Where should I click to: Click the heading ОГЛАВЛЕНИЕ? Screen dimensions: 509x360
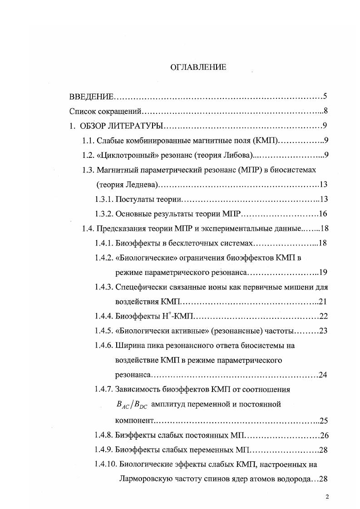coord(198,67)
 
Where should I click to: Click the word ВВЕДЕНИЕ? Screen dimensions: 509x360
coord(91,97)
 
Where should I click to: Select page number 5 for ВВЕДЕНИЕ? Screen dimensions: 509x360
coord(325,96)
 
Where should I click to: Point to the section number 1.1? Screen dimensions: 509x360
coord(88,141)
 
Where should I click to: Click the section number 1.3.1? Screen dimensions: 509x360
coord(104,199)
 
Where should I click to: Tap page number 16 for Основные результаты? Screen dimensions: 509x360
coord(323,214)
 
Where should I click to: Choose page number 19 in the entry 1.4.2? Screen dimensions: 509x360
coord(323,273)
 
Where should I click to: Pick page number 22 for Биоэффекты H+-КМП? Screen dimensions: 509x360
coord(323,316)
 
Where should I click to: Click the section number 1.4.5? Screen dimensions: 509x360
coord(104,331)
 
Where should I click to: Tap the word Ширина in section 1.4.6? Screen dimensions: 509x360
coord(129,346)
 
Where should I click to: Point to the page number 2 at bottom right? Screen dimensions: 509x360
coord(327,496)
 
